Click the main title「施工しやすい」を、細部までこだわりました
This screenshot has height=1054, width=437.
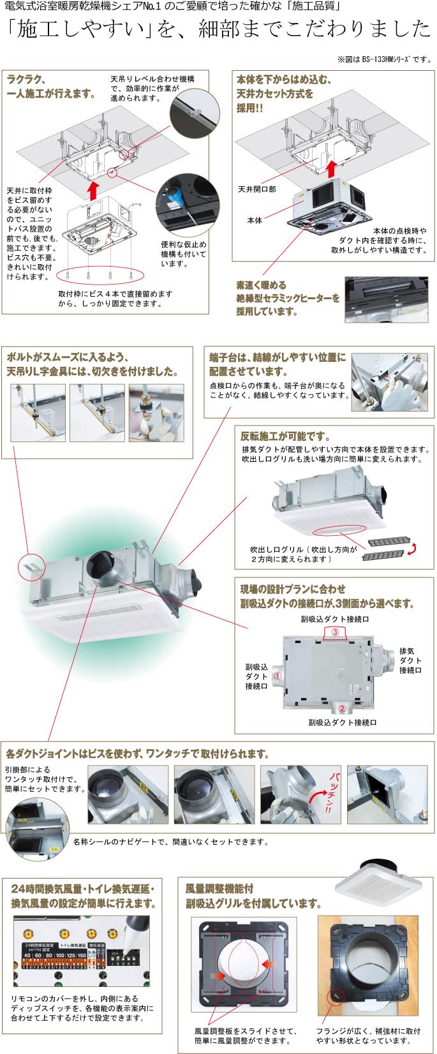218,29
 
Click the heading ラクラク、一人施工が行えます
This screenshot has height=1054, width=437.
51,86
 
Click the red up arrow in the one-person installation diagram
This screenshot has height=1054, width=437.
93,189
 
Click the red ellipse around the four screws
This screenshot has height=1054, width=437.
100,276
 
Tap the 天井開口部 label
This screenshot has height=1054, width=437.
257,189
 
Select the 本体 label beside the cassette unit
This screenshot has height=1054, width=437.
255,220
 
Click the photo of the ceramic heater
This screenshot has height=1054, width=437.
385,299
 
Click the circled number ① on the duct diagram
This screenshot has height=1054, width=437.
278,674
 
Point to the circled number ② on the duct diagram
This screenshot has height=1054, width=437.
342,708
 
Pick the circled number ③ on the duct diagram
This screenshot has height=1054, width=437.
335,632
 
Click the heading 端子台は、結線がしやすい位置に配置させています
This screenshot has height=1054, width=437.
278,364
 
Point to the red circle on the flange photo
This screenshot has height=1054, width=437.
336,997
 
